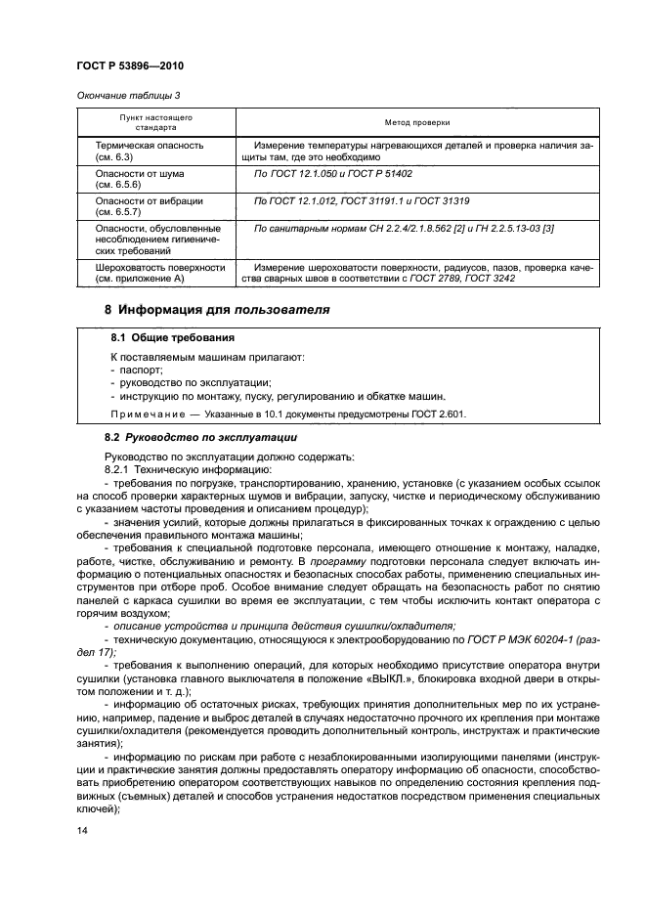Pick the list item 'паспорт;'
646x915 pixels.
click(x=140, y=370)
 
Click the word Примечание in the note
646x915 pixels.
click(x=147, y=414)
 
